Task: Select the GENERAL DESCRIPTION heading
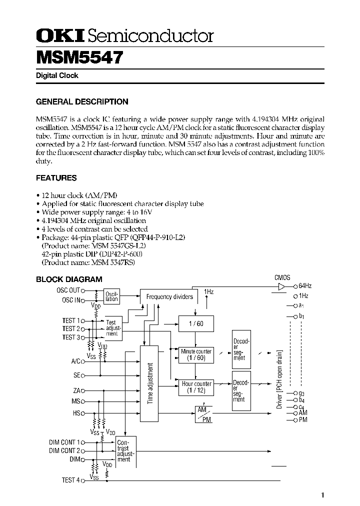[x=82, y=101]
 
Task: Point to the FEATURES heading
[x=56, y=177]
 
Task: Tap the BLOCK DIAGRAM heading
[x=69, y=279]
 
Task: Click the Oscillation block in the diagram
[x=111, y=296]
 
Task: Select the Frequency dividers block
[x=169, y=296]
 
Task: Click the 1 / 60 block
[x=195, y=323]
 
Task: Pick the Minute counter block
[x=195, y=354]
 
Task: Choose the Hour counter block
[x=195, y=387]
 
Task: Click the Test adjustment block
[x=111, y=328]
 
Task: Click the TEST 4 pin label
[x=70, y=480]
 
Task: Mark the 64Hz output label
[x=305, y=286]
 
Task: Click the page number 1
[x=323, y=495]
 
